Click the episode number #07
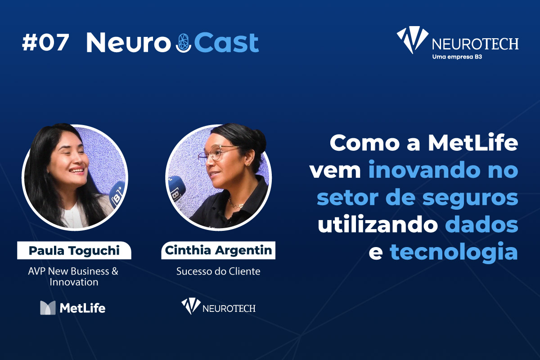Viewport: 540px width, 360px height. (x=45, y=42)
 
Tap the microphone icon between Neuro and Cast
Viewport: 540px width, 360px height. (x=184, y=43)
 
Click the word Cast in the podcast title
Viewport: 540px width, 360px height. (x=227, y=42)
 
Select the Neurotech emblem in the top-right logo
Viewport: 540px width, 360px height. (x=413, y=40)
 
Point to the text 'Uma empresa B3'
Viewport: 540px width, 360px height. (x=457, y=57)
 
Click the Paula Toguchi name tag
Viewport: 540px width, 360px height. (x=74, y=250)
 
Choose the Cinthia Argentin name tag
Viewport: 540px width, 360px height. (x=218, y=250)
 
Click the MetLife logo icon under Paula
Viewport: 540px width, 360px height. (x=48, y=308)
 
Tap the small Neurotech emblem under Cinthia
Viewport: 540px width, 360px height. (x=191, y=306)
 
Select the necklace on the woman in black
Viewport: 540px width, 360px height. (x=235, y=204)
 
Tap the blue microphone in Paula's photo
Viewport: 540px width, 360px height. (x=117, y=194)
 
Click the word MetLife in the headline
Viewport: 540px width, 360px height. (x=473, y=143)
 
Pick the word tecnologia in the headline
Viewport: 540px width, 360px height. (x=454, y=252)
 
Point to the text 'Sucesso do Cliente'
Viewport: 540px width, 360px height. (x=218, y=271)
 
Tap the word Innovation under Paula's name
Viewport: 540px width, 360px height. (x=74, y=282)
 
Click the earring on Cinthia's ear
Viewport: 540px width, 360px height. (x=247, y=165)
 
